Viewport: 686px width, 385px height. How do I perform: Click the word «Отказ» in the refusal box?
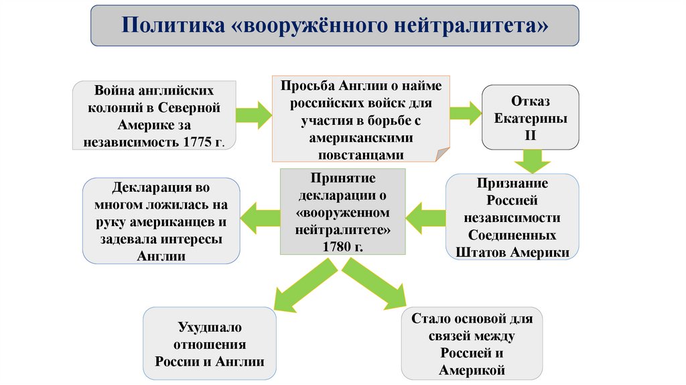(531, 101)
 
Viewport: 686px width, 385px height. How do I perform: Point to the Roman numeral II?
(531, 135)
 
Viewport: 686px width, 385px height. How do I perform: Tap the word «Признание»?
(513, 183)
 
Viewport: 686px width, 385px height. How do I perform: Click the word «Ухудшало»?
(210, 327)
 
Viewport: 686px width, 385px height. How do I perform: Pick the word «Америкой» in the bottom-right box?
(472, 370)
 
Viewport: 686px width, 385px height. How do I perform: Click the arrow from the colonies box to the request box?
(255, 115)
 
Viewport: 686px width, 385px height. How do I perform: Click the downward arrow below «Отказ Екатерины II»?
(532, 161)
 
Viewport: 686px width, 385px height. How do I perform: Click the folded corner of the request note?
(443, 155)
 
